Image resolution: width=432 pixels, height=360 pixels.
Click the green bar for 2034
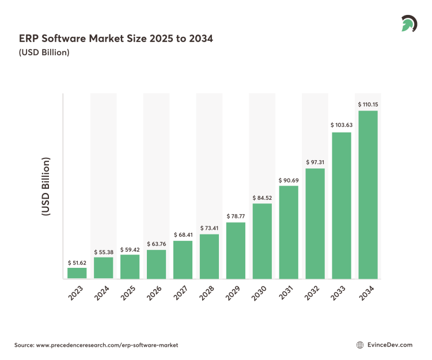368,195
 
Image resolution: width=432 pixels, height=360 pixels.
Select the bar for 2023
77,273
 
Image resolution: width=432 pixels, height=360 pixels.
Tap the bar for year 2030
262,241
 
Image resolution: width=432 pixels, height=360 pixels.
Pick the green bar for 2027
183,260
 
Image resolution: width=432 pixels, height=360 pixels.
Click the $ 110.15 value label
368,104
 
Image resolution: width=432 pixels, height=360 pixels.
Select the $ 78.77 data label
236,216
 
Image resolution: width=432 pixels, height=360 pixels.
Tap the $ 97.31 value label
315,162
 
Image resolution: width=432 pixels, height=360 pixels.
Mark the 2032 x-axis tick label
313,293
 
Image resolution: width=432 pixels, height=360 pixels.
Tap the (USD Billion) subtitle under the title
44,53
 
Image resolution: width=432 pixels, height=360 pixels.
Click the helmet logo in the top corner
409,24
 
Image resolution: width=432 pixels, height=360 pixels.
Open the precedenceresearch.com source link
107,344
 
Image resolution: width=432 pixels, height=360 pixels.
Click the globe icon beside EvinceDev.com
361,344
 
